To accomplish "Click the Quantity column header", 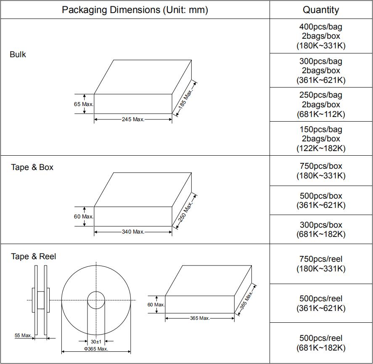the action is pos(321,10).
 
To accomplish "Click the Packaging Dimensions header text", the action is pos(135,10).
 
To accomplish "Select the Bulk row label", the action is pos(18,54).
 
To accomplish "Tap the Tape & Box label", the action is pos(32,167).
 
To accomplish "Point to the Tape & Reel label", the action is pos(34,256).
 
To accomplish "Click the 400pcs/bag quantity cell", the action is pos(321,36).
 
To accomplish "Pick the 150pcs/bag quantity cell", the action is pos(321,138).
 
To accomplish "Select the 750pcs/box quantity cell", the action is pos(321,171).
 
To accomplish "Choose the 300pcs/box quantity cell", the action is pos(321,229).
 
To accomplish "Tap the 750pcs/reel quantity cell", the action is pos(321,264).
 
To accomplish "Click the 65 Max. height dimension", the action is pos(84,104).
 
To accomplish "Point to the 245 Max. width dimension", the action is pos(133,120).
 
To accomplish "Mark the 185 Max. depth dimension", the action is pos(185,99).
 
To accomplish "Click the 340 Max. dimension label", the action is pos(133,232).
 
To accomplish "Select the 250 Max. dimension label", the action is pos(185,211).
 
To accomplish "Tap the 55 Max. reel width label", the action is pos(23,335).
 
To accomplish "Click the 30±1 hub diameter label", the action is pos(96,342).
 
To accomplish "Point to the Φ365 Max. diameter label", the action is pos(96,349).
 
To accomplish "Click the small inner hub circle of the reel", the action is pos(96,292).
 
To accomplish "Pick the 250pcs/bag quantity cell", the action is pos(321,104).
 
